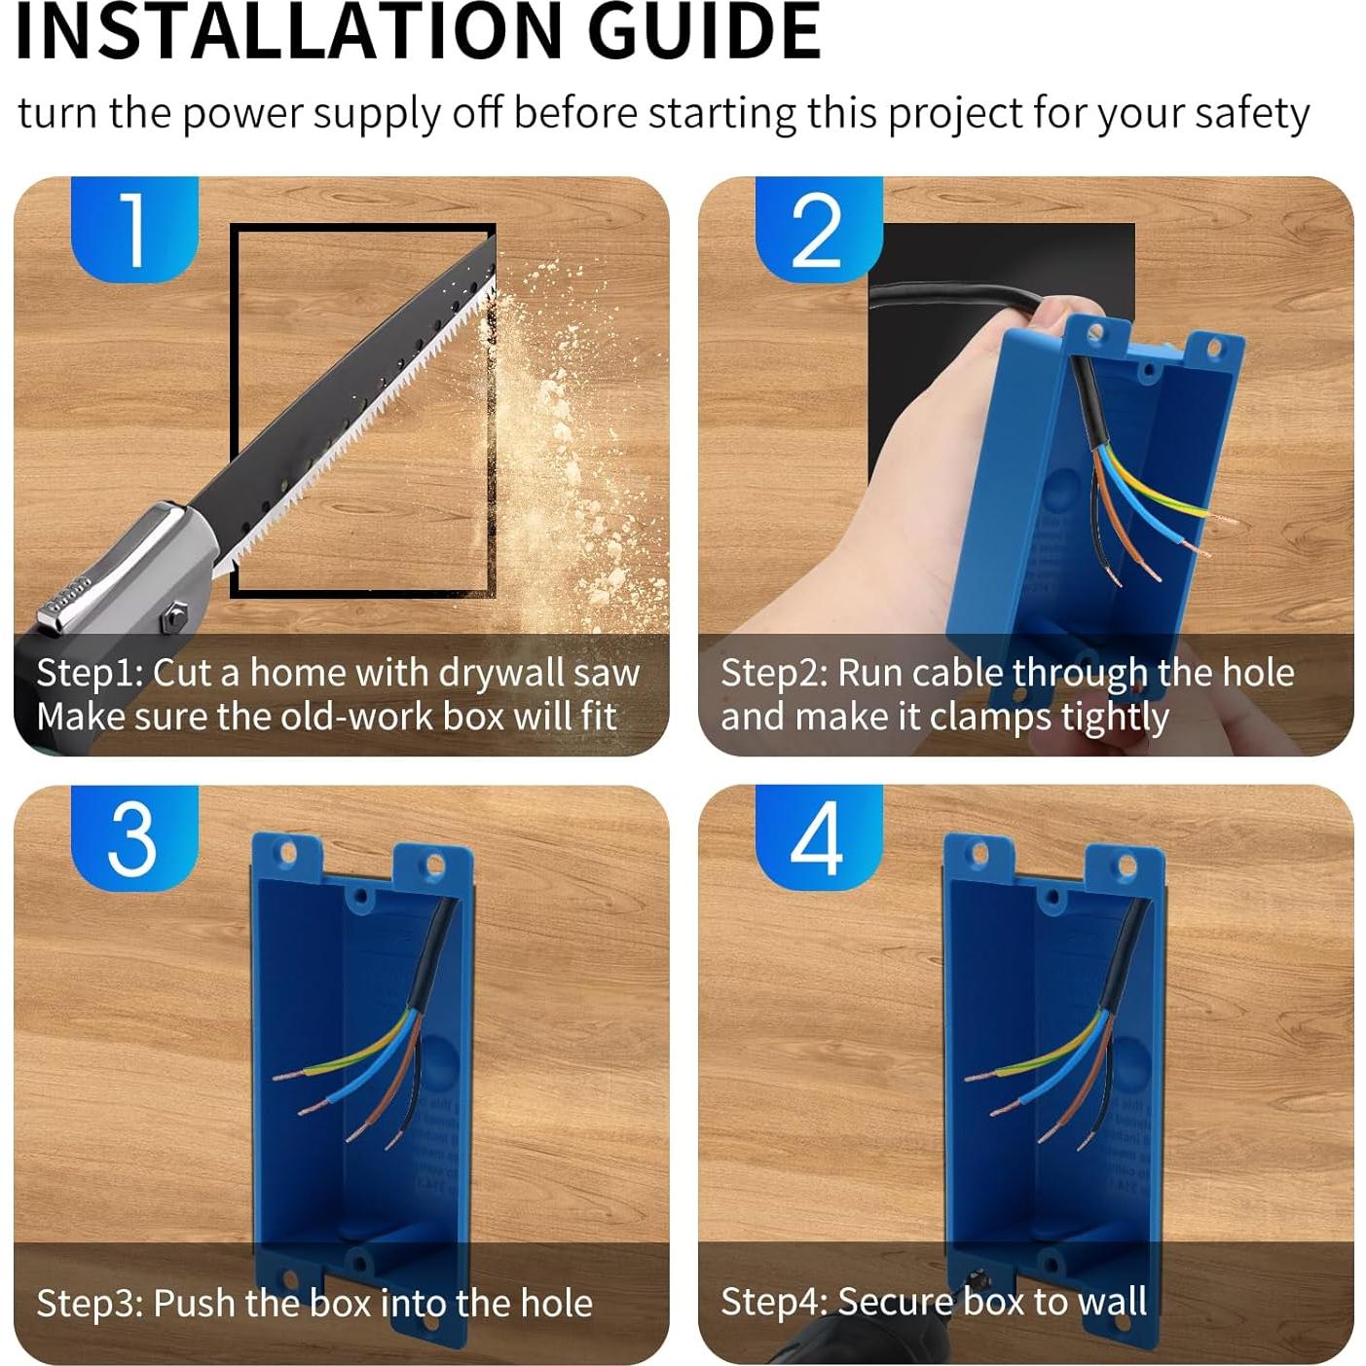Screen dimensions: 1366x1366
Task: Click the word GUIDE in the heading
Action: pos(705,32)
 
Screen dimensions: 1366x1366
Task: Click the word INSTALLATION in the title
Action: pos(288,32)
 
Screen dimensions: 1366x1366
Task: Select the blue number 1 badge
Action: pos(134,228)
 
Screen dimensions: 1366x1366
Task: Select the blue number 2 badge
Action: pos(819,228)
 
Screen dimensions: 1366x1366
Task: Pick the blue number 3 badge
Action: pos(134,837)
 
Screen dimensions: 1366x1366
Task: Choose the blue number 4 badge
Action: pos(819,837)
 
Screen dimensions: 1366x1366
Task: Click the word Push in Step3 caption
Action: pos(188,1302)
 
